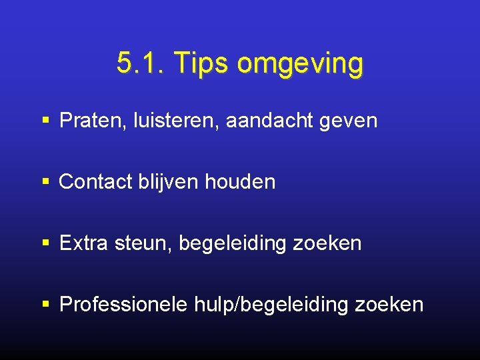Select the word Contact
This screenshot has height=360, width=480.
tap(97, 182)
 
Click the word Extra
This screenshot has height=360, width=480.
tap(85, 243)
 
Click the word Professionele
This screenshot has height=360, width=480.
tap(124, 305)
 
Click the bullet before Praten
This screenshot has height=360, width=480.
tap(45, 121)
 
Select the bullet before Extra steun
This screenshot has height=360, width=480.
tap(45, 243)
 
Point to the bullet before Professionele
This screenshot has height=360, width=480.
tap(45, 305)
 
